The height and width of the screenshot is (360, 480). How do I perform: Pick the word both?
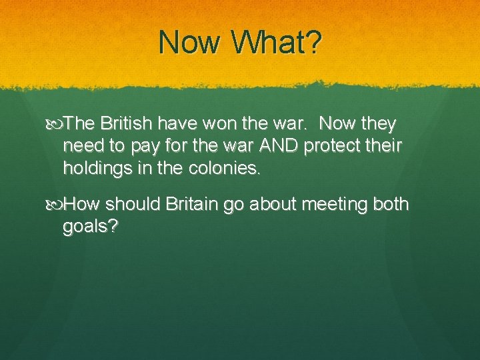click(x=388, y=204)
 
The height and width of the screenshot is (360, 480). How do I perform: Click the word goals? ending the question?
click(x=91, y=227)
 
